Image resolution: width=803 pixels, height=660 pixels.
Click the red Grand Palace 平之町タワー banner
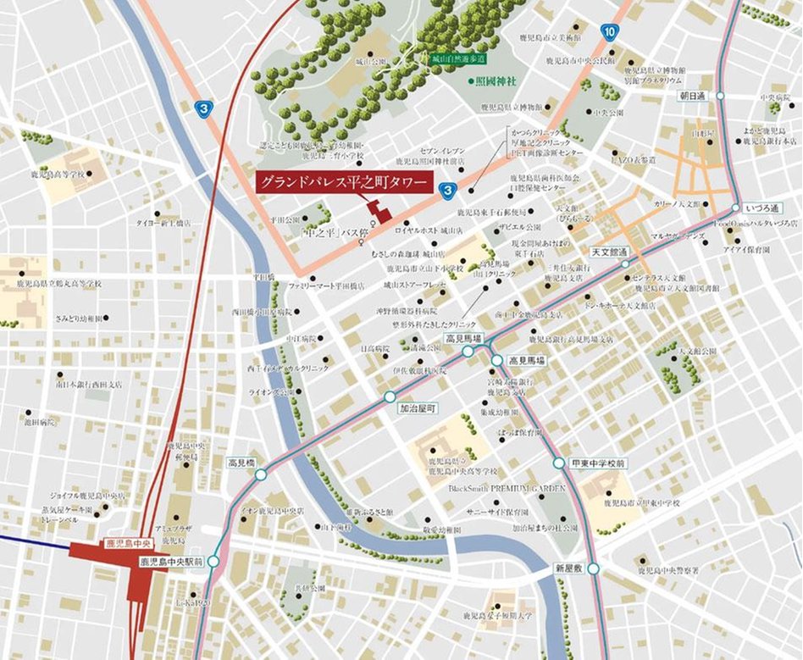point(341,183)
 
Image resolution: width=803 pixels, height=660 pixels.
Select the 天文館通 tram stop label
point(609,252)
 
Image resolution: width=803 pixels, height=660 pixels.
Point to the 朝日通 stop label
point(692,96)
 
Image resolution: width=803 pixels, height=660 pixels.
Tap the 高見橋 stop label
point(241,463)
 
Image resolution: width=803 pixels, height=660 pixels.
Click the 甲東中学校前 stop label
point(598,463)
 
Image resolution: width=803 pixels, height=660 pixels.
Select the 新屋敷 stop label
point(572,567)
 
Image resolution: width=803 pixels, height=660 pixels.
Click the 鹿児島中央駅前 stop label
point(171,561)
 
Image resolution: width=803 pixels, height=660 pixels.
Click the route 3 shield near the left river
point(202,108)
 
